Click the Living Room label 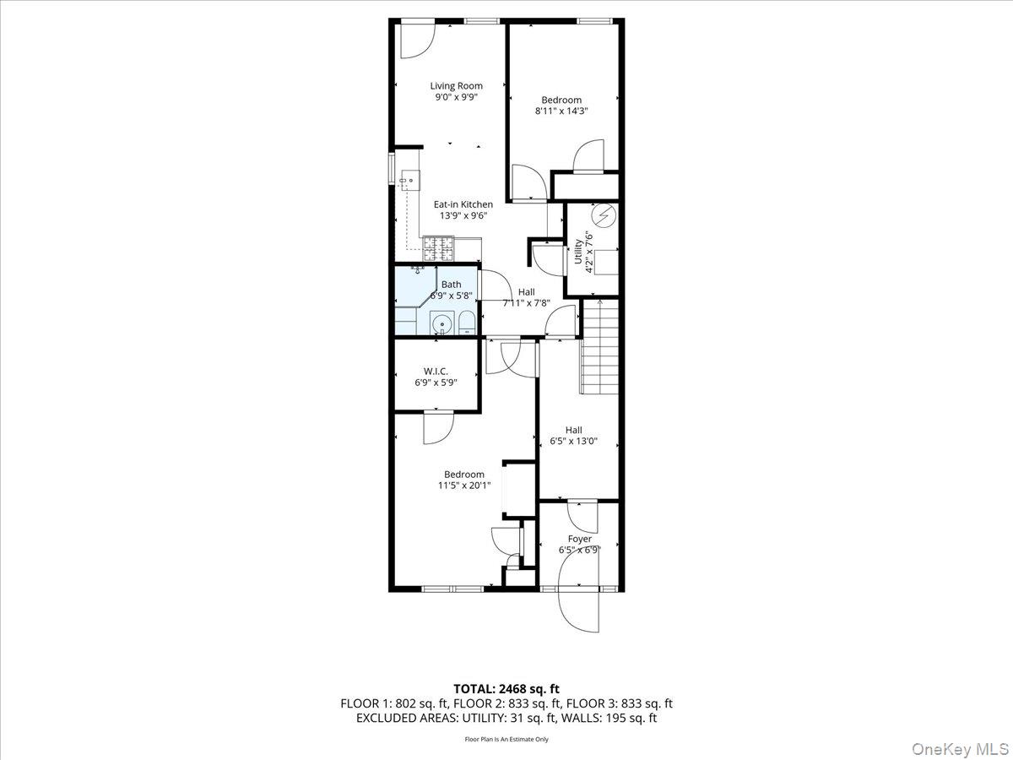[x=456, y=85]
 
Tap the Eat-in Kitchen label [x=463, y=204]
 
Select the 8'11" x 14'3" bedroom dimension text [x=561, y=111]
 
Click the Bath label [x=451, y=285]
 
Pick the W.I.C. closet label [x=436, y=372]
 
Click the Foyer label [x=579, y=539]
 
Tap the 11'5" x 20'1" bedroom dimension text [x=463, y=486]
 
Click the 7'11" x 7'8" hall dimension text [x=527, y=302]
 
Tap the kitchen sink [x=411, y=180]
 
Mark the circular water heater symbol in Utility [x=603, y=218]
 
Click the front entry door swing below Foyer [x=579, y=608]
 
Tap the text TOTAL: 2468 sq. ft [x=506, y=688]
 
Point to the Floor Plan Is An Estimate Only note [x=506, y=739]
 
